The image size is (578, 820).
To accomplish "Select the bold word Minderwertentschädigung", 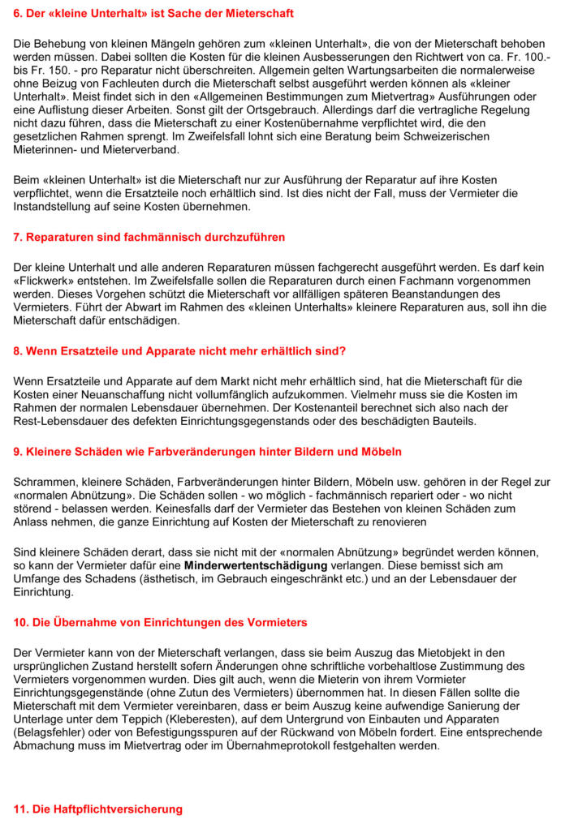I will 256,565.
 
